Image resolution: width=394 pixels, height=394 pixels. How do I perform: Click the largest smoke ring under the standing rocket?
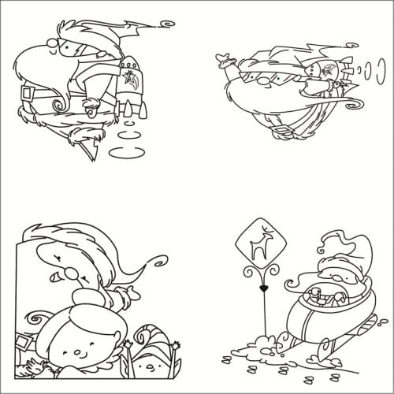127,153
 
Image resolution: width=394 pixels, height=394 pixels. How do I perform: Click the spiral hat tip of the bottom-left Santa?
161,256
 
